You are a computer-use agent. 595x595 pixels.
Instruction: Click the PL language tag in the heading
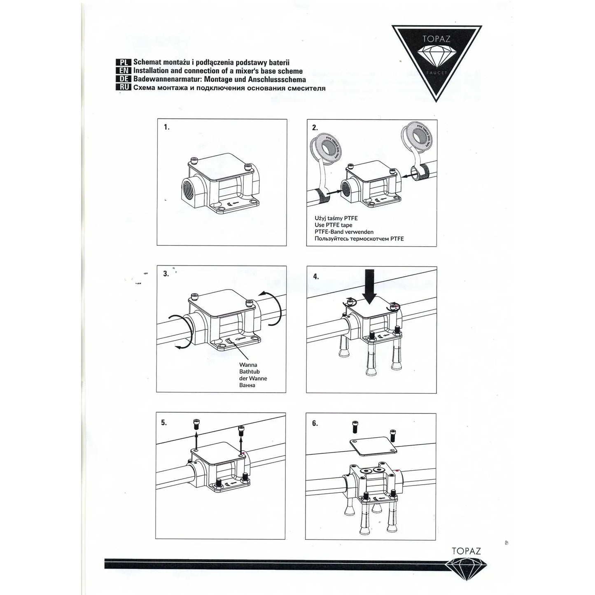click(x=124, y=62)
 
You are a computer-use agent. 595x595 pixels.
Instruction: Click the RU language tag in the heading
click(x=124, y=87)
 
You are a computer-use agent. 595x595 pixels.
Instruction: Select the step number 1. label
click(x=167, y=127)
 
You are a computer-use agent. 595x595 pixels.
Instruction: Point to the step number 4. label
click(x=316, y=276)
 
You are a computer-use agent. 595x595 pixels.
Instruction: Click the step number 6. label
click(x=315, y=423)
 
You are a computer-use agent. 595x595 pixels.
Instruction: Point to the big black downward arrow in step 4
click(x=369, y=286)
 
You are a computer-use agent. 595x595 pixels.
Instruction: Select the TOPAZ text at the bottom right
click(x=466, y=551)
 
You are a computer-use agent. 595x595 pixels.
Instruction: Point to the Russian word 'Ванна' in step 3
click(x=247, y=385)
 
